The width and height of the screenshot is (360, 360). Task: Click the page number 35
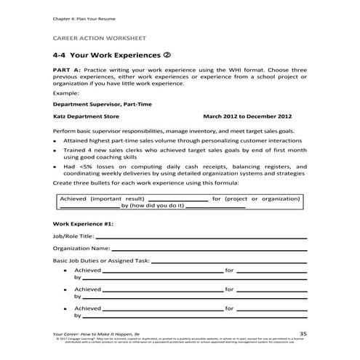point(303,332)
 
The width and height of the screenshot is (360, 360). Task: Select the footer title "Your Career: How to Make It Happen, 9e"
point(97,332)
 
